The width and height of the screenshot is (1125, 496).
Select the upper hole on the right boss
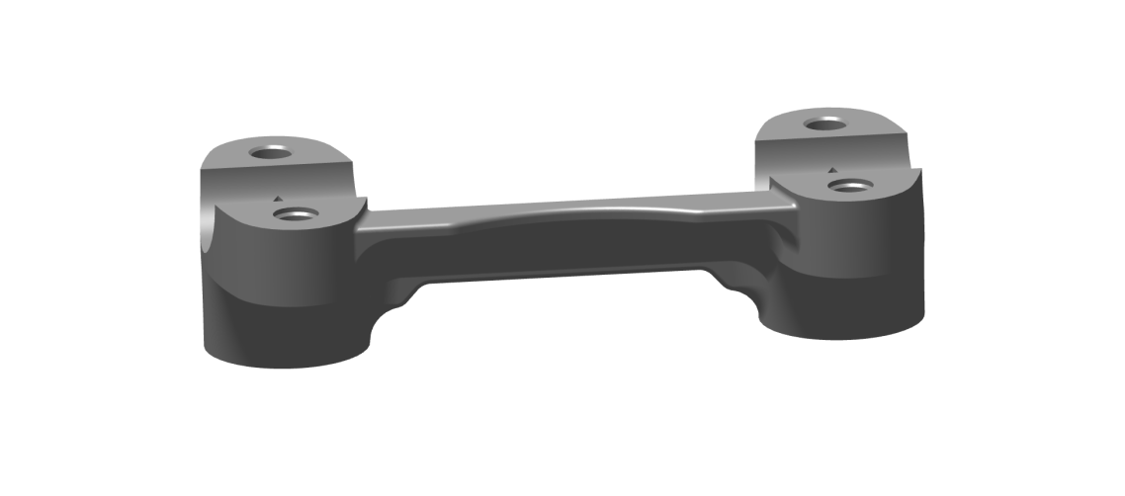click(x=823, y=124)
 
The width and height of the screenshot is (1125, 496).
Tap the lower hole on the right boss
click(x=847, y=185)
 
